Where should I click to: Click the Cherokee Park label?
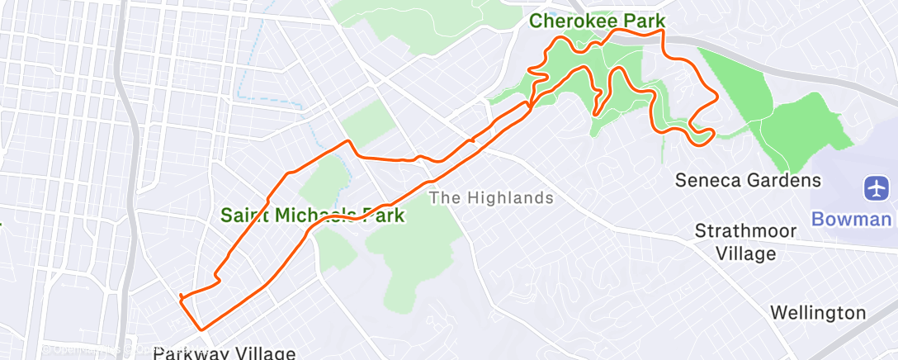pos(598,20)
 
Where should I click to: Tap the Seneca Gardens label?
pos(749,179)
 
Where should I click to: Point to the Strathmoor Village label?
pos(745,242)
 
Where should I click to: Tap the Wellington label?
pos(818,313)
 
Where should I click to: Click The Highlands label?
pos(491,197)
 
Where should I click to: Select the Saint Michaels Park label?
pos(313,216)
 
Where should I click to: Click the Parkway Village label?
pos(224,353)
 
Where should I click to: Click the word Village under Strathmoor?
pos(745,253)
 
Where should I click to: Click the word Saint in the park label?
pos(245,216)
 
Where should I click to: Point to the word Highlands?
pos(507,197)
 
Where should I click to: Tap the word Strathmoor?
pos(745,230)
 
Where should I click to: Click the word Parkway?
pos(190,353)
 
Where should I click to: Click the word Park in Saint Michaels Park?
pos(384,216)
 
